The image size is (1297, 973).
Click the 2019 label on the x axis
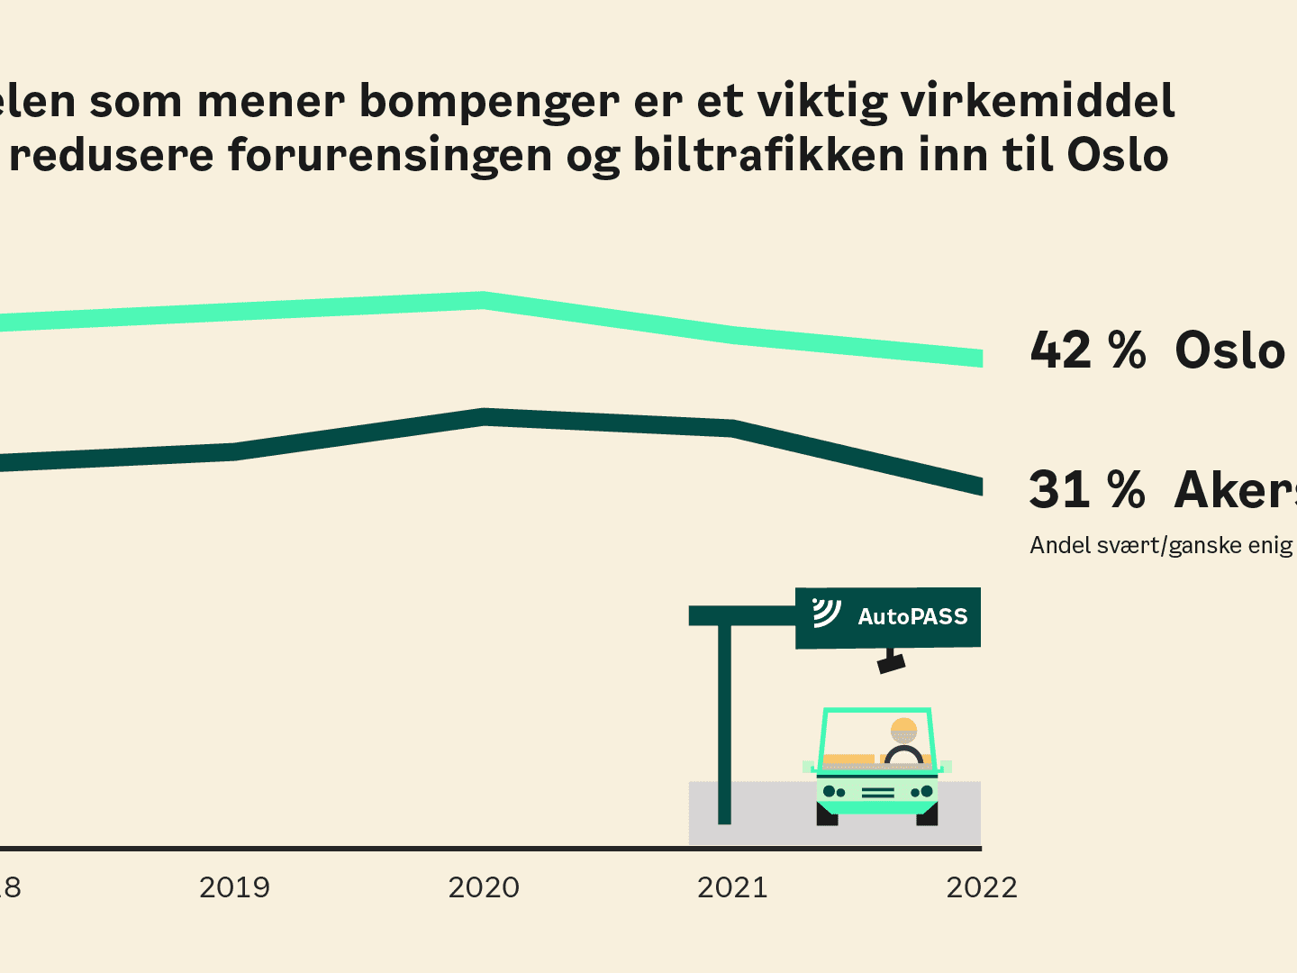click(x=234, y=887)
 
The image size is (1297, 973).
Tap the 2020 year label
click(x=484, y=887)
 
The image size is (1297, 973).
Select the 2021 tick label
click(x=732, y=887)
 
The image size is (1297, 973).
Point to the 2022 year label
click(x=981, y=887)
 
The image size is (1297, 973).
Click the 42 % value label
click(x=1088, y=350)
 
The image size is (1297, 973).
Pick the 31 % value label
click(x=1087, y=490)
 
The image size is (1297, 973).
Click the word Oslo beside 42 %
click(x=1229, y=350)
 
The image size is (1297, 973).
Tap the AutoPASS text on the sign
click(x=912, y=617)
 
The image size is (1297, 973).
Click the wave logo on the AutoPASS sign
click(x=826, y=613)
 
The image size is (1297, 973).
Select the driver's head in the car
click(x=903, y=729)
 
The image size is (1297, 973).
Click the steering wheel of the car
click(x=904, y=756)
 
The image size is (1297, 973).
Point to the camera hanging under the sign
click(x=891, y=663)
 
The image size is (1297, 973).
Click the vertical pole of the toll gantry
click(x=724, y=721)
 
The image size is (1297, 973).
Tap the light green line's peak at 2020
click(x=484, y=300)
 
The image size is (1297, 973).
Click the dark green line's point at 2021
click(x=732, y=429)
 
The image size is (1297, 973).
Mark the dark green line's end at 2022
click(x=977, y=486)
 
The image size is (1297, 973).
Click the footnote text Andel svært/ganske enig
click(x=1161, y=546)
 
